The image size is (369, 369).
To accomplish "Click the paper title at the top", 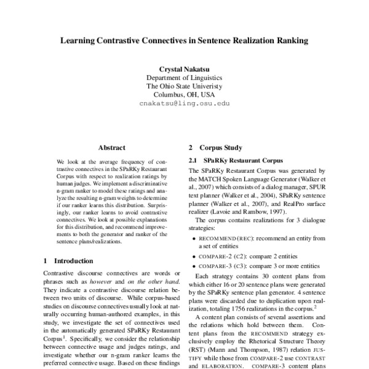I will click(x=184, y=42).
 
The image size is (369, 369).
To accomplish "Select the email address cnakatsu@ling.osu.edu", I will click(x=184, y=105).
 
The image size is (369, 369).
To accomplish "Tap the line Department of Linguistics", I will click(x=184, y=78).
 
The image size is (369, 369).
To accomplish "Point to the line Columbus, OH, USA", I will click(x=184, y=95).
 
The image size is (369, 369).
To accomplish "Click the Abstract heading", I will click(x=112, y=148).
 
